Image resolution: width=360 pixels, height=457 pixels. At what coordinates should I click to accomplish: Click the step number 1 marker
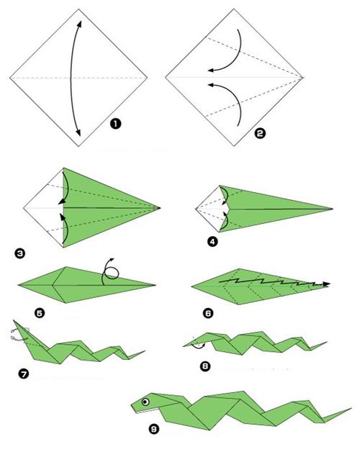click(115, 124)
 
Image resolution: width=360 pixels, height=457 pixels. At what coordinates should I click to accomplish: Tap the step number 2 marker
click(260, 133)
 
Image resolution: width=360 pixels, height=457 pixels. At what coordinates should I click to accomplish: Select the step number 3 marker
click(19, 253)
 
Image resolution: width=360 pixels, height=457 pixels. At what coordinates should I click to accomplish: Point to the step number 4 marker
click(212, 242)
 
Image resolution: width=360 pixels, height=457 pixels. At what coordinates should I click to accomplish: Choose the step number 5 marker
click(40, 313)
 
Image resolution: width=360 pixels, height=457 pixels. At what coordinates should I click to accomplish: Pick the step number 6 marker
click(208, 313)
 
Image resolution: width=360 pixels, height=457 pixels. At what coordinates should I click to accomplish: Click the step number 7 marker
click(24, 374)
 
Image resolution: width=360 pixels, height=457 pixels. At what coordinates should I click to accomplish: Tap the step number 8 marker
click(205, 366)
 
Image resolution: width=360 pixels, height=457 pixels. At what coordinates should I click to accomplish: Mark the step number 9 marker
click(154, 429)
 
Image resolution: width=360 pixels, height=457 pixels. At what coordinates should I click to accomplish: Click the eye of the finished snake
click(145, 402)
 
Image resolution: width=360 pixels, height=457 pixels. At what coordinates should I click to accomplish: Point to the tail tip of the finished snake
click(351, 408)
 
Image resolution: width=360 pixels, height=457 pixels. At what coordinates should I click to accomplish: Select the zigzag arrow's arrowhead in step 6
click(326, 284)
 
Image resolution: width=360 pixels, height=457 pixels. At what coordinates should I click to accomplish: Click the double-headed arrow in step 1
click(71, 78)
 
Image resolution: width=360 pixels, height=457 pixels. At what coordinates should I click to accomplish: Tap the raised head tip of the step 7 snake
click(14, 320)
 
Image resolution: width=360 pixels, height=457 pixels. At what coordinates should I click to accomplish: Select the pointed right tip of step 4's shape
click(333, 209)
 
